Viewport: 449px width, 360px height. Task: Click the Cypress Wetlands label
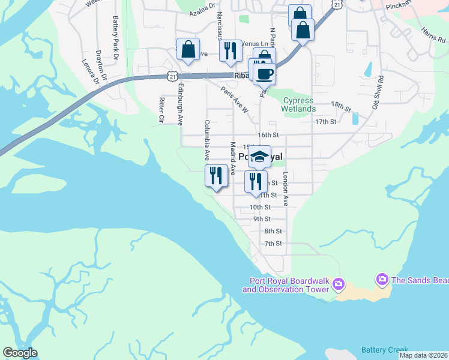tap(298, 105)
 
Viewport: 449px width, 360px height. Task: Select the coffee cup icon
tap(264, 73)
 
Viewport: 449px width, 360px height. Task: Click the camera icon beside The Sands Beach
tap(381, 280)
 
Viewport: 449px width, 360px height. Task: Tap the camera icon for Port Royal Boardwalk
tap(339, 283)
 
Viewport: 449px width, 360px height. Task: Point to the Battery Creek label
tap(384, 350)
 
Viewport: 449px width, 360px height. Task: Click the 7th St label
tap(273, 243)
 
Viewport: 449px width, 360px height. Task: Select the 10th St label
tap(260, 207)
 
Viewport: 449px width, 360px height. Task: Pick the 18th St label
tap(340, 106)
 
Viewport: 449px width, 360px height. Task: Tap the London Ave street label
tap(286, 191)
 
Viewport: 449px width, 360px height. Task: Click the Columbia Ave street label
tap(206, 140)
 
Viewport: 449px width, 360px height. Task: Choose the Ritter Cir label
tap(161, 110)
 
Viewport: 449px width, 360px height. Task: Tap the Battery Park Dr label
tap(115, 34)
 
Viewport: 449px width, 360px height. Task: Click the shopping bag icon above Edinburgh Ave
tap(188, 49)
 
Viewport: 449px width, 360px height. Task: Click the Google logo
tap(20, 353)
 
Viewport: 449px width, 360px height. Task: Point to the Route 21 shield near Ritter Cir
tap(173, 76)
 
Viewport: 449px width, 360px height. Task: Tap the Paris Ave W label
tap(234, 100)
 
